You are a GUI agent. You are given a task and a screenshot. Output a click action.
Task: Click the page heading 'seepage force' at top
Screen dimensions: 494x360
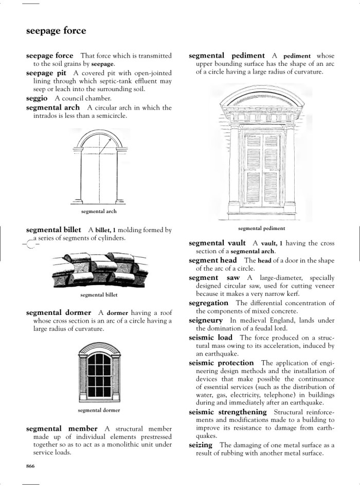56,31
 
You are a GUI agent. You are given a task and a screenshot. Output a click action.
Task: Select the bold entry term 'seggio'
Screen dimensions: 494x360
37,98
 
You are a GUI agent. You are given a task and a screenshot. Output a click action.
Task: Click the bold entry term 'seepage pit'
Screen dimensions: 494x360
46,73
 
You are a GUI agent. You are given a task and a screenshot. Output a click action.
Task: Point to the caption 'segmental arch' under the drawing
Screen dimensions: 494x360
99,211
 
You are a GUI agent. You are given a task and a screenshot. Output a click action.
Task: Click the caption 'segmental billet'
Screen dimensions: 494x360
99,295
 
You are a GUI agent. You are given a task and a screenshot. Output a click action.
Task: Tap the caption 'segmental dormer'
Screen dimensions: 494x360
99,410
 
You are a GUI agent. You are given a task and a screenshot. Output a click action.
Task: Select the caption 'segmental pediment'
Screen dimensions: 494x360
261,228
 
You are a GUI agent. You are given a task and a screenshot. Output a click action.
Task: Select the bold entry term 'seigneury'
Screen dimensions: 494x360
206,321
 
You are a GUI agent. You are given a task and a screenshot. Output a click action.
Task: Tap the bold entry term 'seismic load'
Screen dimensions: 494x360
210,338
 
